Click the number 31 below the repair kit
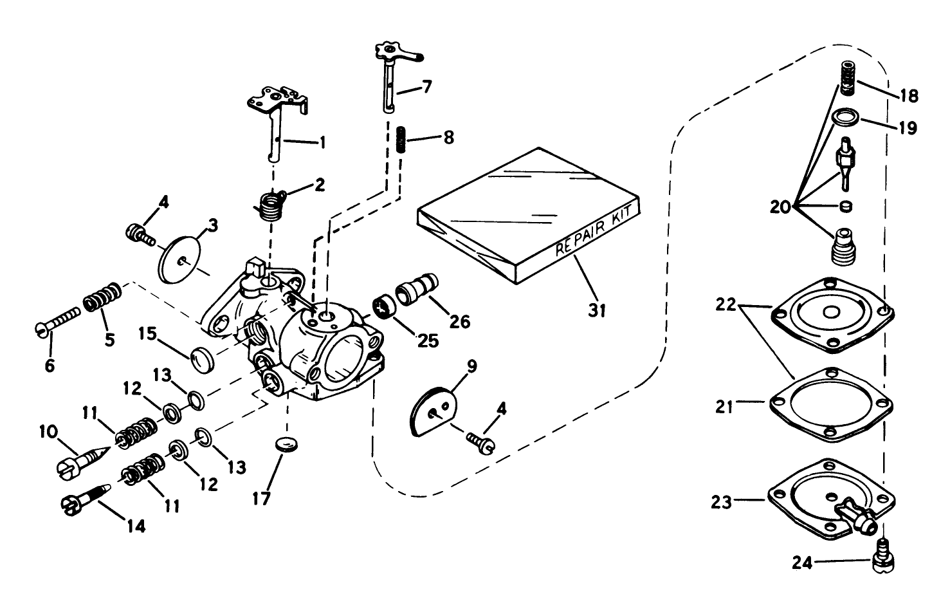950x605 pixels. point(598,311)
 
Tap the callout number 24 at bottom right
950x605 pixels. point(802,563)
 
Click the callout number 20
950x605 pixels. point(781,207)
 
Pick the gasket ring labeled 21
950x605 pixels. point(830,404)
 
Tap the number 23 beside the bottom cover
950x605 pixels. point(722,501)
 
